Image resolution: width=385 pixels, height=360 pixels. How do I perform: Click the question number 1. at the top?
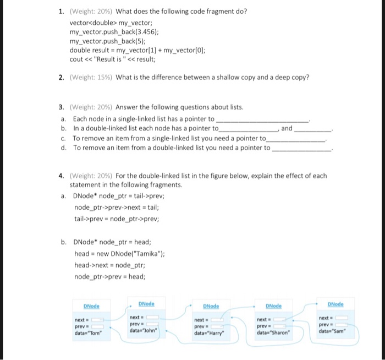[62, 12]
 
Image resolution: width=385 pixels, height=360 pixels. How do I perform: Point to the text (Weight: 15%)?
[91, 77]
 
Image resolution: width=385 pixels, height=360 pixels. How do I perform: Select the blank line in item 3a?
[263, 119]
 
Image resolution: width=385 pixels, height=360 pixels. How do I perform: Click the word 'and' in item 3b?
[287, 128]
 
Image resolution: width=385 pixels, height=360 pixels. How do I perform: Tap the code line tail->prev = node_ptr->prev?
[117, 219]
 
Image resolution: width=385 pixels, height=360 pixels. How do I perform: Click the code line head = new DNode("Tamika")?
[119, 254]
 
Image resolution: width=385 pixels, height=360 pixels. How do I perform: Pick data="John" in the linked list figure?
[143, 330]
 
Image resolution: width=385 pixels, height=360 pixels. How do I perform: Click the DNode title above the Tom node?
[91, 306]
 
